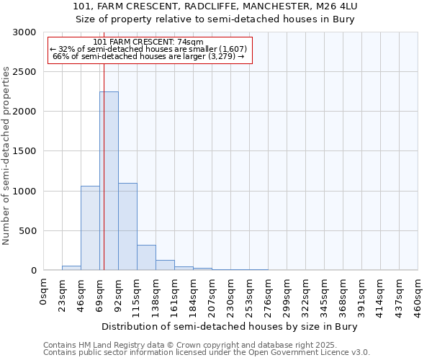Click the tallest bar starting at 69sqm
point(109,180)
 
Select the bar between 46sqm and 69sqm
point(90,228)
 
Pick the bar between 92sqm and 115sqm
point(127,226)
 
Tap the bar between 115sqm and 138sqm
point(146,257)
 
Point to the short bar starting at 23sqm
point(71,268)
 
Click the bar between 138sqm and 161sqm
point(165,265)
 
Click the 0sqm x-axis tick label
point(45,291)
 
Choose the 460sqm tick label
point(418,295)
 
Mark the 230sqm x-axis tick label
point(231,295)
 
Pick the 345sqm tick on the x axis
point(325,295)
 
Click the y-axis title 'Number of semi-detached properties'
point(6,156)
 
